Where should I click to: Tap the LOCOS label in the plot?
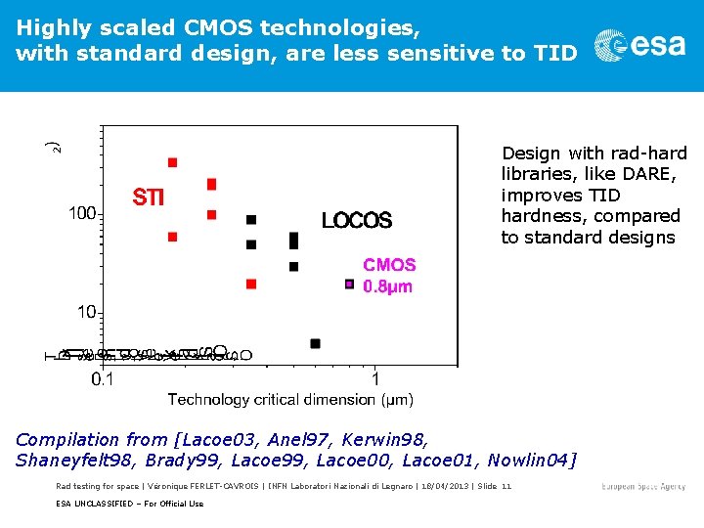pos(357,221)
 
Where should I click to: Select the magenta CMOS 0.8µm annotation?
pos(389,276)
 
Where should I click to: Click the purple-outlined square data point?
pos(349,285)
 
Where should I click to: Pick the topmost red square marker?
pos(173,162)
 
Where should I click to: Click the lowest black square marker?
pos(315,343)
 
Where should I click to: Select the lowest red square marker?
pos(251,285)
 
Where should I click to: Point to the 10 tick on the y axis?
pos(88,312)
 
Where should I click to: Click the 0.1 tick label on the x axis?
pos(102,378)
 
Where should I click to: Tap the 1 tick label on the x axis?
pos(375,378)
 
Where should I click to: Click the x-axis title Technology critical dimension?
pos(290,399)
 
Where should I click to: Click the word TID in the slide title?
pos(556,53)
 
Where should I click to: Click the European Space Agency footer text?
pos(643,487)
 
